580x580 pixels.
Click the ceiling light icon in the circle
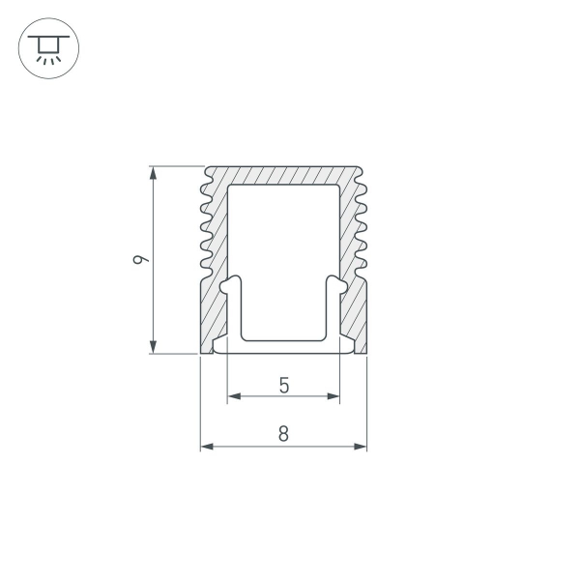point(48,48)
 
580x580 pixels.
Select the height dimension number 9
point(141,260)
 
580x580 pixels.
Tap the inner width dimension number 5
point(283,385)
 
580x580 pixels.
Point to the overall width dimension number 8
point(283,434)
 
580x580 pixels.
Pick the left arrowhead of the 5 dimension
point(233,396)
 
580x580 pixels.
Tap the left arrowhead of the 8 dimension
point(206,447)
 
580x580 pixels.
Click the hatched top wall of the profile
point(283,175)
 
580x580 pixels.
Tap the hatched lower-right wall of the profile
point(355,314)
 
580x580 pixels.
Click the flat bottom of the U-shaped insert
point(283,339)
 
